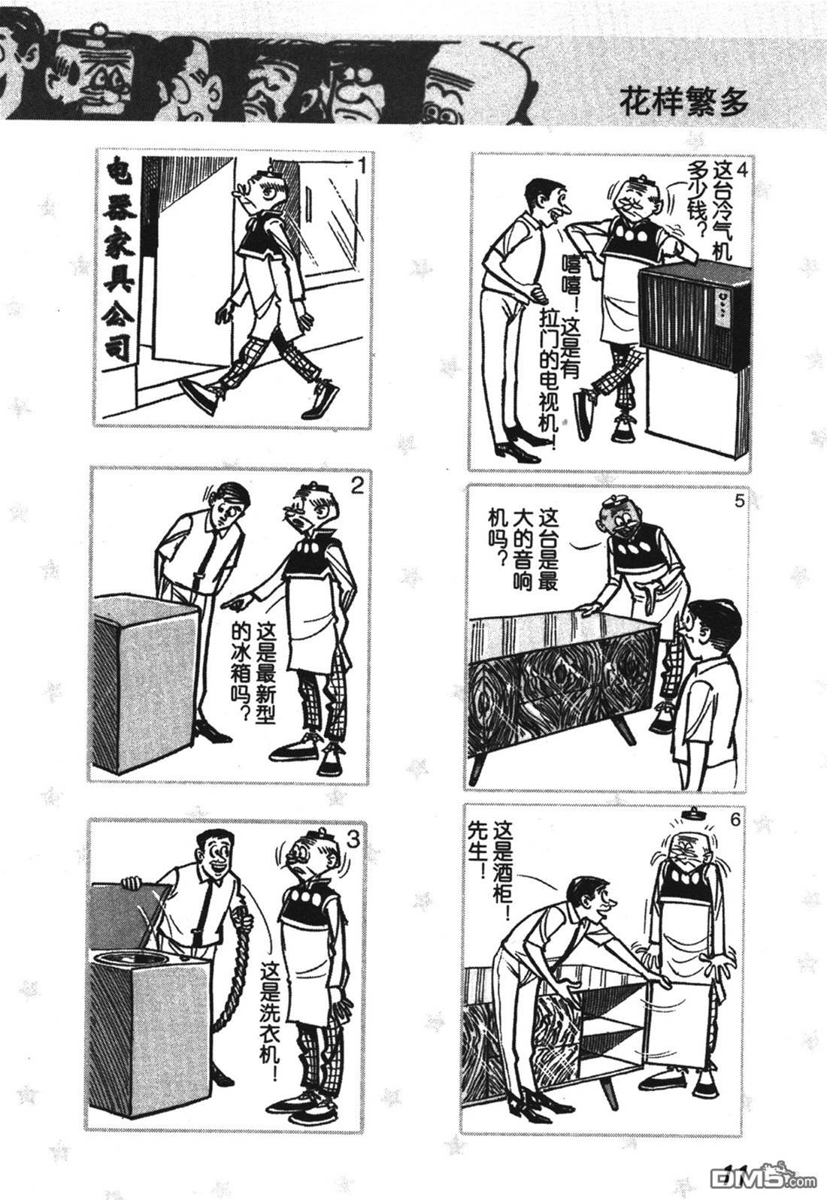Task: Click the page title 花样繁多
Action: click(683, 101)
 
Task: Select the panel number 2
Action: click(357, 486)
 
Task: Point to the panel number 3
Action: click(353, 841)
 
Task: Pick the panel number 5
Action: click(740, 502)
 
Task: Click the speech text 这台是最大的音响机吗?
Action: click(522, 549)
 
